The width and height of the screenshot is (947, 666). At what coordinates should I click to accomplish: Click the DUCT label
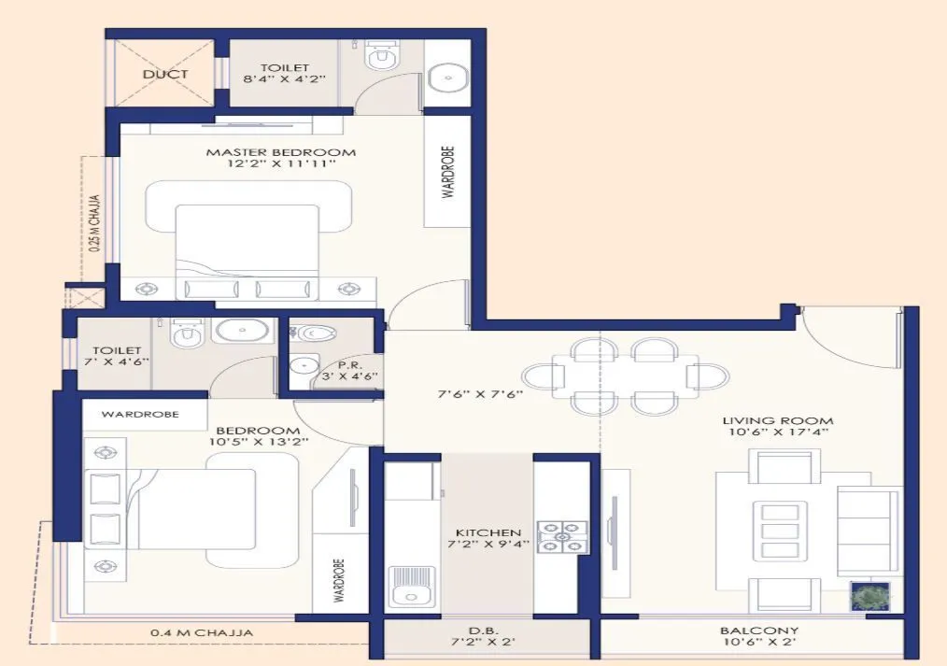click(165, 74)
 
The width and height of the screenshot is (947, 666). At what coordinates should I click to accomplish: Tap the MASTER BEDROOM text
click(281, 151)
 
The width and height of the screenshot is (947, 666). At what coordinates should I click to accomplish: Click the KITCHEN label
click(488, 532)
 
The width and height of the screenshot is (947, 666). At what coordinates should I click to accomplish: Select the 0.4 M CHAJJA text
click(202, 632)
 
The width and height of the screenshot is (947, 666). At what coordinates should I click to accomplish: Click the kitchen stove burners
click(563, 537)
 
